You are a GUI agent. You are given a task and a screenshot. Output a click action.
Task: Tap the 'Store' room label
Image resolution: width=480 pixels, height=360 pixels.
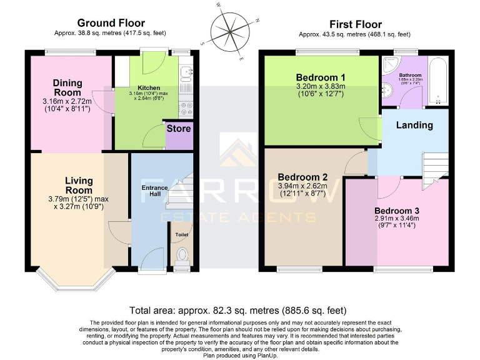click(x=178, y=129)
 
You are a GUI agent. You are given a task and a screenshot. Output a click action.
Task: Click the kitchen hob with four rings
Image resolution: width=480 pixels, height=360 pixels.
click(x=186, y=109)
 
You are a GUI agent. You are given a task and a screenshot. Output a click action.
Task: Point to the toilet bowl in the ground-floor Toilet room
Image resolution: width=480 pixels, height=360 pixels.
click(x=182, y=256)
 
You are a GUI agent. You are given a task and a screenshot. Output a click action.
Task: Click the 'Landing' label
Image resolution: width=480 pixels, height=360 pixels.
click(x=414, y=125)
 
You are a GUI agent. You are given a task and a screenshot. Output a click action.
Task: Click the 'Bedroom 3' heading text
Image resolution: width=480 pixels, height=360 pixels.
click(x=396, y=210)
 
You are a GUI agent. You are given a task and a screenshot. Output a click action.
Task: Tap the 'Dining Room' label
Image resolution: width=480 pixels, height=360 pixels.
click(x=67, y=87)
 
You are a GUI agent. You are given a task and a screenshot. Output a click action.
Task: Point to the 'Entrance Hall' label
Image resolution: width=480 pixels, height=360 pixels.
click(x=154, y=191)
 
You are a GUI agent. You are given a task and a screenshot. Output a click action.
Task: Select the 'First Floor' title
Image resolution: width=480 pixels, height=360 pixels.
click(x=355, y=24)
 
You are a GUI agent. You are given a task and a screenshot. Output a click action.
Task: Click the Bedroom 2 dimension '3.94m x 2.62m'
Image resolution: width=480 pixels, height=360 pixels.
click(x=303, y=186)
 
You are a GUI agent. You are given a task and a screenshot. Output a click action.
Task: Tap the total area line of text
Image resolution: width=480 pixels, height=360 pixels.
click(x=237, y=311)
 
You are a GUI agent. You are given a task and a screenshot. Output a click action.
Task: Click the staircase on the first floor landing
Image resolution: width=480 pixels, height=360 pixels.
click(x=436, y=166)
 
